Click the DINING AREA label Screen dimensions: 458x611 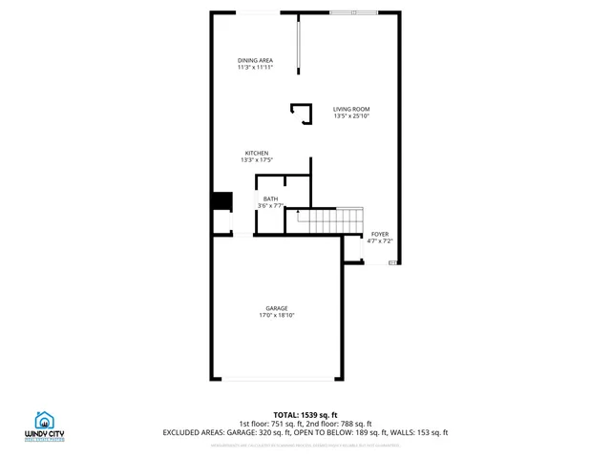(x=255, y=60)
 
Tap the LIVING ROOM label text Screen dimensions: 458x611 (x=350, y=110)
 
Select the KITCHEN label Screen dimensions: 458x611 (x=257, y=154)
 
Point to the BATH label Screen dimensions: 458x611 (x=271, y=198)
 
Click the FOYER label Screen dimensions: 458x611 (x=380, y=234)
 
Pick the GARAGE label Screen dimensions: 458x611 (x=277, y=308)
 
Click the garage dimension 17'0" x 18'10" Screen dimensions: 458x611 (x=277, y=315)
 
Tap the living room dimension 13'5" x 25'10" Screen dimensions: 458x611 (x=350, y=116)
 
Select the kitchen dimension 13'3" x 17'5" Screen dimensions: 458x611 (x=257, y=160)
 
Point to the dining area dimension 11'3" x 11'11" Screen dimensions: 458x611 (x=255, y=67)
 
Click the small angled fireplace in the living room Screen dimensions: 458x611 (x=303, y=114)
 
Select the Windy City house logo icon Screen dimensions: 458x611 (x=44, y=420)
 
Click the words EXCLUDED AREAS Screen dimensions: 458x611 (x=196, y=432)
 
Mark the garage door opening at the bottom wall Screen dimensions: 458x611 (x=278, y=379)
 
